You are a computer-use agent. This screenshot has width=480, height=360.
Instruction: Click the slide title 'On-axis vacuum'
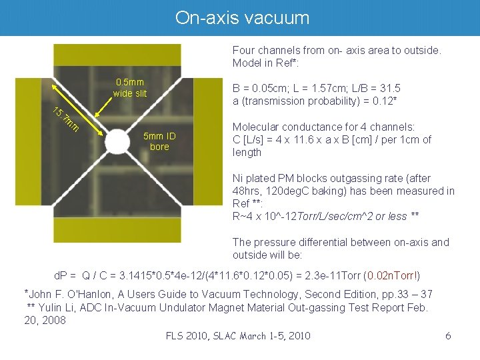(x=242, y=18)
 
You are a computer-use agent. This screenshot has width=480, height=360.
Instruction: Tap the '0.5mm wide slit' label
(x=130, y=88)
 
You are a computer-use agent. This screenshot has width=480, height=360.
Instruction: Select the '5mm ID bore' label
(x=159, y=141)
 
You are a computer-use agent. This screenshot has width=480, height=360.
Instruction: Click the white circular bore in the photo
(x=117, y=141)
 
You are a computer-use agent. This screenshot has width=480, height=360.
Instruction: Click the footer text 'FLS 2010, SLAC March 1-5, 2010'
(x=238, y=335)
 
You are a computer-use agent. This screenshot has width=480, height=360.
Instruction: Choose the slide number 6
(x=448, y=335)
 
